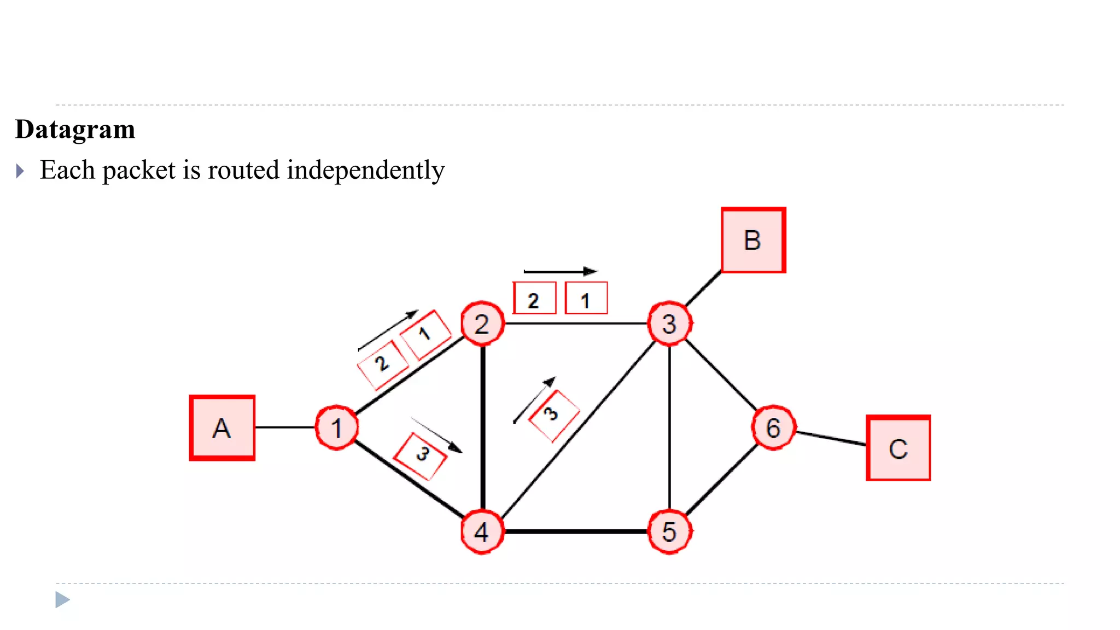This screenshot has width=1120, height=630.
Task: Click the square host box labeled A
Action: point(222,428)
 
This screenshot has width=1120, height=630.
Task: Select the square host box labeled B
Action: point(753,240)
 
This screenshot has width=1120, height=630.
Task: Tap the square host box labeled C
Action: point(898,448)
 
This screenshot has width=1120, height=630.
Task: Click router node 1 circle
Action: point(337,428)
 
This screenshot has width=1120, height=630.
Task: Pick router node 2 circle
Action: point(482,324)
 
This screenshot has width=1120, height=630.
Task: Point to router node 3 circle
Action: point(669,324)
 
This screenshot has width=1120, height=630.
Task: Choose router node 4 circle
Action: point(482,532)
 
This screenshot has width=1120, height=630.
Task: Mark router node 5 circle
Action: point(669,532)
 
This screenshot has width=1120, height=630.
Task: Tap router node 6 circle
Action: point(773,428)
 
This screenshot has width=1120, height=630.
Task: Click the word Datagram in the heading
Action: point(75,130)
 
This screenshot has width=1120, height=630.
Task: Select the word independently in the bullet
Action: point(365,170)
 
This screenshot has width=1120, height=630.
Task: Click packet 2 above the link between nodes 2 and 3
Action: point(534,299)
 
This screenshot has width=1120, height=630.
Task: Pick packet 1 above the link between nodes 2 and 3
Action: point(586,299)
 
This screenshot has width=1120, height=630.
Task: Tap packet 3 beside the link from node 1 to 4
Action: point(421,456)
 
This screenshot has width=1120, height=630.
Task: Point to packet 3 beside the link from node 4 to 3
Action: point(553,415)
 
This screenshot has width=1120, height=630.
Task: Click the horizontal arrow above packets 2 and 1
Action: point(560,271)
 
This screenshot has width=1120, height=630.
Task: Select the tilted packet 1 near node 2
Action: point(425,334)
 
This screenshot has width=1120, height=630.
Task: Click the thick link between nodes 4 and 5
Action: point(575,531)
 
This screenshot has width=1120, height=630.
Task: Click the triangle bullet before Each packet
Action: point(20,171)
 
